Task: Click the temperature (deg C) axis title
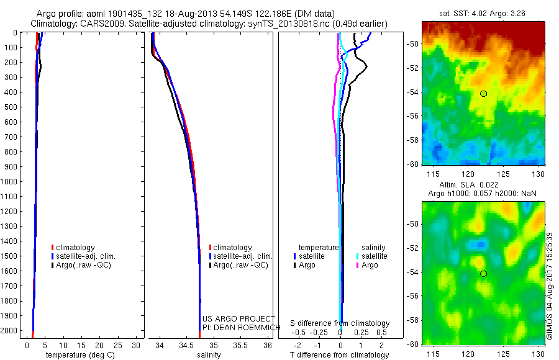pyautogui.click(x=79, y=355)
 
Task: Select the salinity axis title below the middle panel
pyautogui.click(x=209, y=355)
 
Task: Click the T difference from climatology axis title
pyautogui.click(x=340, y=355)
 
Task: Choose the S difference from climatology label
pyautogui.click(x=340, y=323)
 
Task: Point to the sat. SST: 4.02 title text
pyautogui.click(x=463, y=12)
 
